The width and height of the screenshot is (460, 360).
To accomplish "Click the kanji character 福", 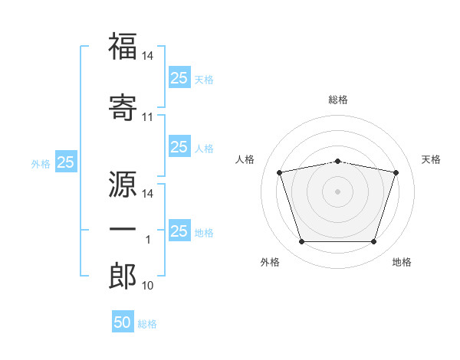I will tap(123, 47).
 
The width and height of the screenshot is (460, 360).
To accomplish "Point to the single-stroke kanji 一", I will tap(123, 229).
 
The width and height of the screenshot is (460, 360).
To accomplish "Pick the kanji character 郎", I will tap(123, 275).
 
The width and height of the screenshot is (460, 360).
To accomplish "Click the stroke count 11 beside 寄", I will tap(147, 117).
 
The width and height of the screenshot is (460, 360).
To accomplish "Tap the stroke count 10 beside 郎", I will tap(147, 286).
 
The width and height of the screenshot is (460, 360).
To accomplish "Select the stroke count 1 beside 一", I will tap(147, 240).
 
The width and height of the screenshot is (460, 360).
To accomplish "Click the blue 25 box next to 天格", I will tap(179, 77).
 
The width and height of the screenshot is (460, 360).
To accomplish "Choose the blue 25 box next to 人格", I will tap(179, 147).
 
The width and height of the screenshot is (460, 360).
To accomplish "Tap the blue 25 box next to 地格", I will tap(179, 231).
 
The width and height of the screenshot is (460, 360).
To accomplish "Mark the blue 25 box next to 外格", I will tap(66, 162).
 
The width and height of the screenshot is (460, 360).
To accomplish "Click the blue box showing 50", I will tap(123, 322).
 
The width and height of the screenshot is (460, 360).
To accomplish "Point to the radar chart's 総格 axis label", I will tap(338, 100).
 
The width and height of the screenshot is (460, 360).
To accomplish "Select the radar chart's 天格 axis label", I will tap(431, 159).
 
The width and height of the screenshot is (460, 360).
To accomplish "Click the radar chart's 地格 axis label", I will tap(402, 263).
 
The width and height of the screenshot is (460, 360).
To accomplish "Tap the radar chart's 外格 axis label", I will tap(270, 263).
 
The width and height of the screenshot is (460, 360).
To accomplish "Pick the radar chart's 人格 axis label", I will tap(245, 159).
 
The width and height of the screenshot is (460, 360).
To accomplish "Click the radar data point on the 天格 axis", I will tap(396, 172).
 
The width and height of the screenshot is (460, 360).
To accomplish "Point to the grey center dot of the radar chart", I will tap(338, 191).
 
